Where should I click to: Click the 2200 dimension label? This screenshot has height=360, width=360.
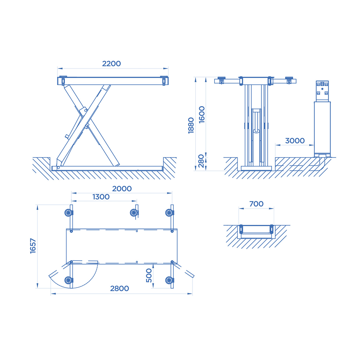pyautogui.click(x=111, y=64)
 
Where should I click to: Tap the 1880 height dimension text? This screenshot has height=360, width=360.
pyautogui.click(x=191, y=126)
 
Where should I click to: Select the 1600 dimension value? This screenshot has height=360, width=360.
pyautogui.click(x=201, y=115)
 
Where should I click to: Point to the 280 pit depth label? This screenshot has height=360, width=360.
pyautogui.click(x=201, y=161)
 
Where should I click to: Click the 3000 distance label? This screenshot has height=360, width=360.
pyautogui.click(x=295, y=141)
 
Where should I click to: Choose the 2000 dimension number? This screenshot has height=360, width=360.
pyautogui.click(x=122, y=189)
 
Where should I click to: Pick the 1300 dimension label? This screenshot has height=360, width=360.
pyautogui.click(x=101, y=197)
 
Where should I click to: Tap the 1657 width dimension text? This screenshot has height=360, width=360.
pyautogui.click(x=33, y=246)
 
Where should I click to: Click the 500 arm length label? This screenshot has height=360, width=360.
pyautogui.click(x=149, y=276)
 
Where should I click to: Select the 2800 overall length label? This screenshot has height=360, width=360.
pyautogui.click(x=120, y=288)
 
